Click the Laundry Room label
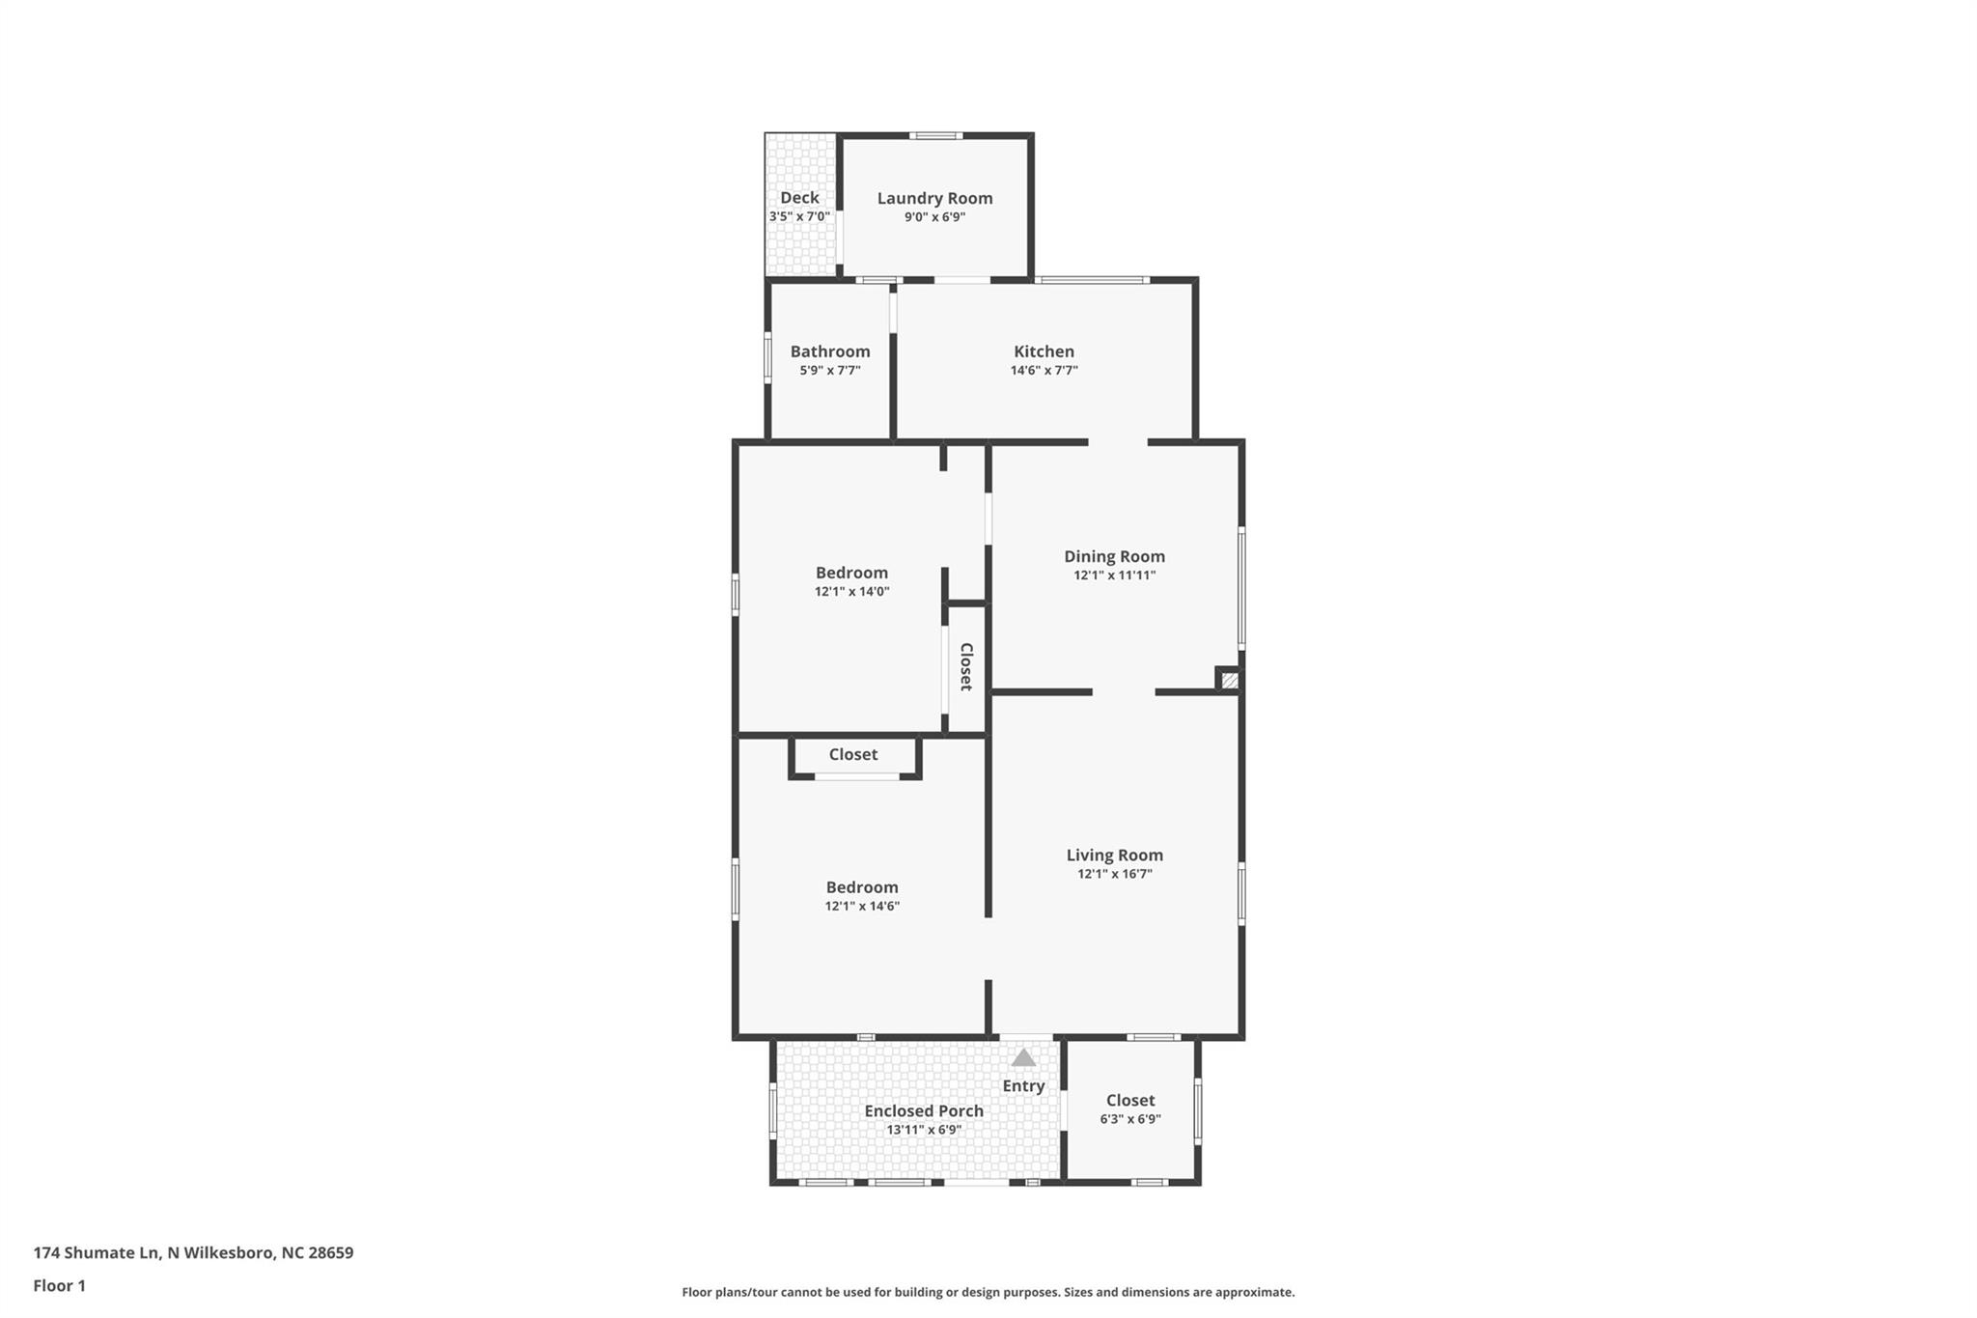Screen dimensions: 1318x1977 coord(934,198)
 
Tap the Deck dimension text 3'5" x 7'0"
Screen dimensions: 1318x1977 coord(799,216)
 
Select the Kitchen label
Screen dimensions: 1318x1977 coord(1044,351)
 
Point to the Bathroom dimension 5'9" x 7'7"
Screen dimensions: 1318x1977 coord(829,370)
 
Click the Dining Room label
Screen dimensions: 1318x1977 coord(1114,556)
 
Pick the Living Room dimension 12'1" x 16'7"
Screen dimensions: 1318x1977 coord(1114,874)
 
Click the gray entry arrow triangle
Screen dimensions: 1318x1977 coord(1023,1057)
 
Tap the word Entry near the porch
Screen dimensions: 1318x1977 coord(1023,1085)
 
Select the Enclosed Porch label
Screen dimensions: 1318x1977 coord(924,1110)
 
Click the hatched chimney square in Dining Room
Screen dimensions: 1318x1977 coord(1229,681)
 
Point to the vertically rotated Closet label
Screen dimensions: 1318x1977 coord(965,666)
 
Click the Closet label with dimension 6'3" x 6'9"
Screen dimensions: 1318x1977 coord(1130,1100)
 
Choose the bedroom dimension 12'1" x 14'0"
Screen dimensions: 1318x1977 coord(851,591)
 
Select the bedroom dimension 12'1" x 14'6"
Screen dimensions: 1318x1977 coord(862,906)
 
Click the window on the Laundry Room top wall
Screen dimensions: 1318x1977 coord(934,136)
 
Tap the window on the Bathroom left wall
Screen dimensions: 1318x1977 coord(768,358)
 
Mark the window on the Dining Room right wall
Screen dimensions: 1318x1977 coord(1241,587)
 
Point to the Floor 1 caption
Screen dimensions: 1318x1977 coord(59,1285)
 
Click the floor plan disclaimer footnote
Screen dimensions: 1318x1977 coord(988,1292)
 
